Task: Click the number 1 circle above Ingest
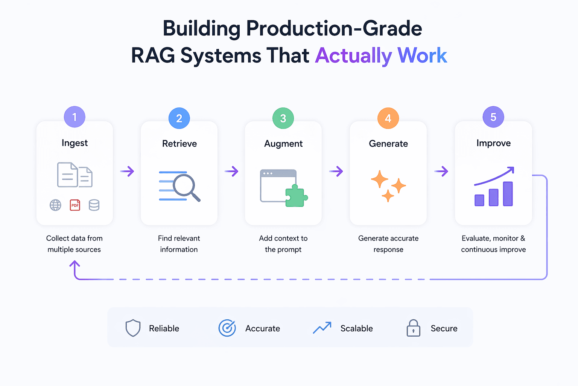tap(75, 117)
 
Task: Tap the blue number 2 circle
tap(179, 118)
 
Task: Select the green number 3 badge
tap(283, 118)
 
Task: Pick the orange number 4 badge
tap(388, 118)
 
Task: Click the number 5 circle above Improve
tap(493, 117)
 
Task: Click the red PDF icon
tap(75, 205)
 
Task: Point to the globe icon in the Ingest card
tap(55, 205)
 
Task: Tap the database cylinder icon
tap(94, 205)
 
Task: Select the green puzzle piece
tap(296, 196)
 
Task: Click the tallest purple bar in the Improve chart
tap(508, 194)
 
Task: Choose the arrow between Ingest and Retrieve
tap(127, 172)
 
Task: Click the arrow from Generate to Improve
tap(441, 172)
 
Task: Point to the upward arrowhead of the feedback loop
tap(75, 264)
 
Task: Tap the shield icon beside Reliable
tap(133, 328)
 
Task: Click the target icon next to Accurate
tap(227, 328)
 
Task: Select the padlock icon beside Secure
tap(413, 328)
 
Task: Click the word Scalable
tap(356, 328)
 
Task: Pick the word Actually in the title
tap(354, 56)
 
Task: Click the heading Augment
tap(283, 144)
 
